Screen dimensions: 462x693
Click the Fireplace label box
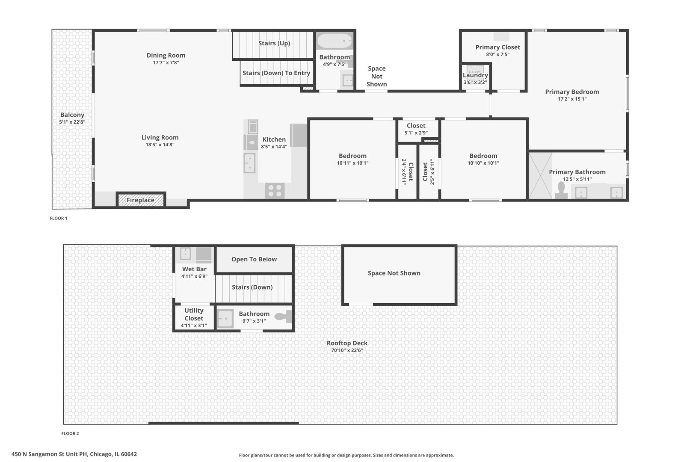140,200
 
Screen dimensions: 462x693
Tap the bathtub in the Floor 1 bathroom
335,41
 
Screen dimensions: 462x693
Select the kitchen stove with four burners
275,190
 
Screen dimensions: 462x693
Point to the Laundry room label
475,75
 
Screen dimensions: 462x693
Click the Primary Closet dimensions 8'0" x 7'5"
498,54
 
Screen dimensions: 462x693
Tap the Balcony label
72,115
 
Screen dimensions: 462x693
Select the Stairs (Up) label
274,43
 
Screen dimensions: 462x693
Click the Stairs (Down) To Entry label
276,73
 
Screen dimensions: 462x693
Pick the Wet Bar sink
185,254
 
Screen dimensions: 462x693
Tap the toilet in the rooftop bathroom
283,317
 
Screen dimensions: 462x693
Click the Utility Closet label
194,314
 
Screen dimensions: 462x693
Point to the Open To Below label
254,259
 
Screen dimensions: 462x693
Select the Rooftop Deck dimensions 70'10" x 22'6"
347,350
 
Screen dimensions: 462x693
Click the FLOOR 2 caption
70,433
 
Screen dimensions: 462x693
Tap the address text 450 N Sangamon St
74,454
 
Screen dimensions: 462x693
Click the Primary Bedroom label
572,92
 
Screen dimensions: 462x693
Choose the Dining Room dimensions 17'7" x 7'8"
166,62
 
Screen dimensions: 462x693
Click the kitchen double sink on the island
249,163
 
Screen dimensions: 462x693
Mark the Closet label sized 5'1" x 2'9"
416,126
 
